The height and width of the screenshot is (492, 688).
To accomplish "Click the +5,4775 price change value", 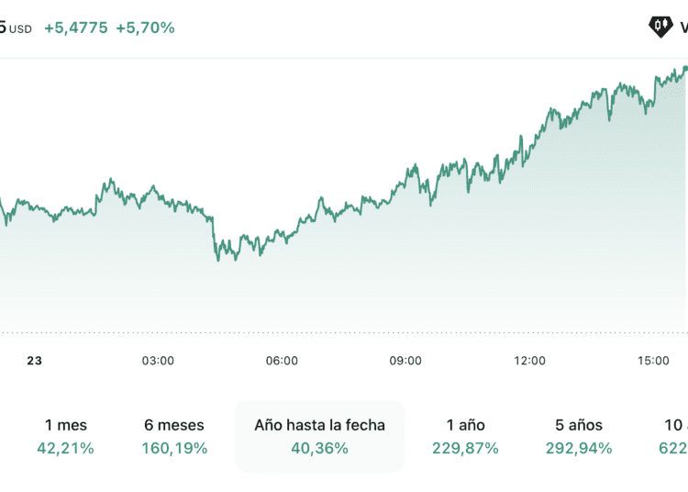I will [x=75, y=28].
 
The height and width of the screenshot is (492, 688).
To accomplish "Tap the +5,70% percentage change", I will [x=145, y=28].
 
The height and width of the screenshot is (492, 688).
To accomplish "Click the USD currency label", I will [x=21, y=28].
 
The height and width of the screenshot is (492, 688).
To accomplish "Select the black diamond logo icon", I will [x=660, y=27].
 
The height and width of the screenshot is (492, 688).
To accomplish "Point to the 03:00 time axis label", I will [x=158, y=361].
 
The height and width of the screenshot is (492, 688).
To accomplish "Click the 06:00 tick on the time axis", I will [x=282, y=361].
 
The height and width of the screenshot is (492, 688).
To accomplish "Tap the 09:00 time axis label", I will [x=405, y=361].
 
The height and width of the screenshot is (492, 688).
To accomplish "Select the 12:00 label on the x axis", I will [x=529, y=361].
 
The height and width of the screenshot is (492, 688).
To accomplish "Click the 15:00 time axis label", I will [x=653, y=361].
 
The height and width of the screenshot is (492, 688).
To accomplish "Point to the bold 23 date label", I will [x=34, y=361].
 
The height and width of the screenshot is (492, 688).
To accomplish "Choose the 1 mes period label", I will [x=66, y=425].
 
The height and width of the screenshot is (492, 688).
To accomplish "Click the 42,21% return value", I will [x=66, y=448].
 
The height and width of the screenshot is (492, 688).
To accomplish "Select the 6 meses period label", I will [x=174, y=425].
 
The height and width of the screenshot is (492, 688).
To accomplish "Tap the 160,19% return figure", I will [x=174, y=448].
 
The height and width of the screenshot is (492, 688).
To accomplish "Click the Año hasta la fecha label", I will [x=319, y=425].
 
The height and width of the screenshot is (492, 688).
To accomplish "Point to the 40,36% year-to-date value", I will [x=319, y=448].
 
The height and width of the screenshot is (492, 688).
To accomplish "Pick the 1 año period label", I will [x=465, y=425].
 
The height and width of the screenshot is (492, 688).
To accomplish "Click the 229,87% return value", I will [x=465, y=448].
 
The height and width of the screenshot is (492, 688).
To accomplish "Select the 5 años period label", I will [x=579, y=425].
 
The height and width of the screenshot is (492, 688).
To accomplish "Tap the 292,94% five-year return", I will [x=579, y=448].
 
